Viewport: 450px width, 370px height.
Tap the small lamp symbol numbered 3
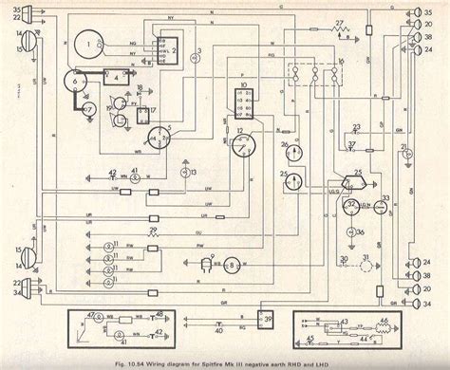click(x=197, y=54)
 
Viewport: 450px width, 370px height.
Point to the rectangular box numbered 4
click(x=118, y=79)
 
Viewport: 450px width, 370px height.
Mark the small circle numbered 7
click(x=88, y=110)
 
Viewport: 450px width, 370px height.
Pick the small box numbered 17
click(x=147, y=117)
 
